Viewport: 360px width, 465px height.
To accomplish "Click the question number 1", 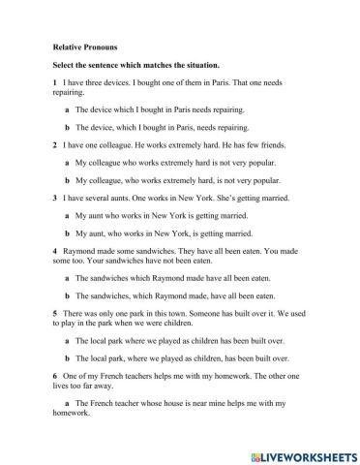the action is (55, 83).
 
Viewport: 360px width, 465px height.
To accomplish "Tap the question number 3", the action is (55, 198).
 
